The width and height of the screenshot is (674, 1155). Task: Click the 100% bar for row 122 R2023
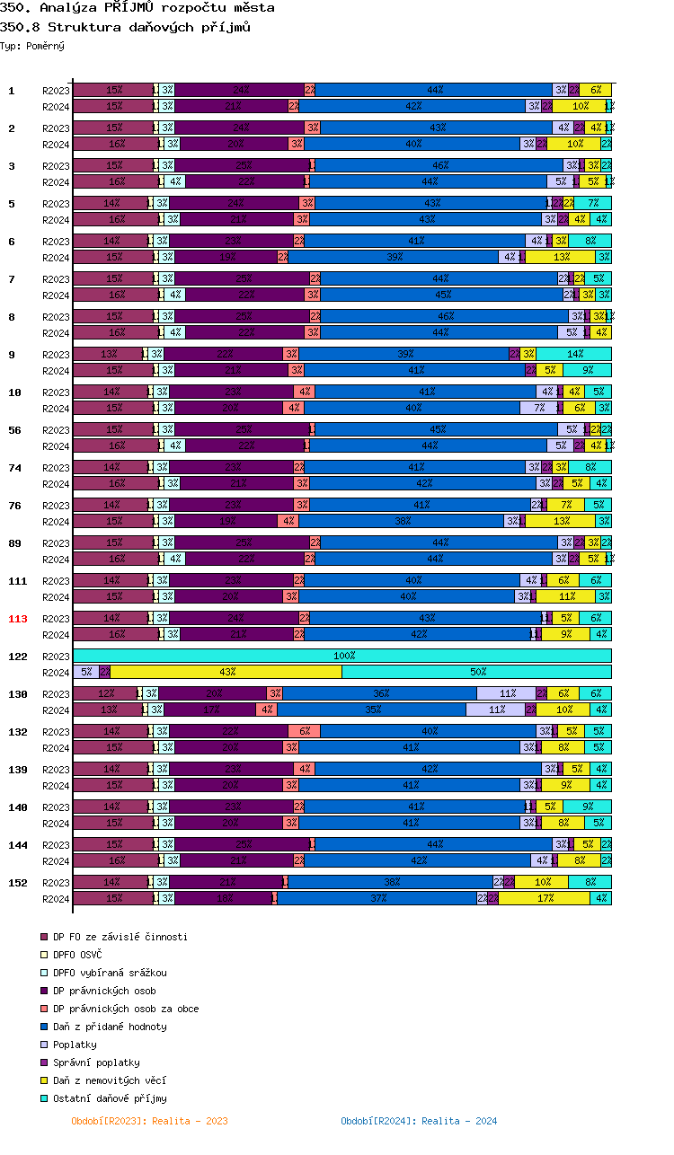click(342, 656)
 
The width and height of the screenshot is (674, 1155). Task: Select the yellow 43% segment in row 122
click(226, 672)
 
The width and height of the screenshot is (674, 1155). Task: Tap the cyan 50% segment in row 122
click(477, 672)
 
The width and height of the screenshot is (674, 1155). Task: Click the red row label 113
click(18, 619)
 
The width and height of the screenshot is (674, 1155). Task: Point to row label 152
click(18, 883)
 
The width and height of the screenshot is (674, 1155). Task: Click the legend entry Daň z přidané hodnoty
click(110, 1027)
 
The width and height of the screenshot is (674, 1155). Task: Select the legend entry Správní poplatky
click(96, 1062)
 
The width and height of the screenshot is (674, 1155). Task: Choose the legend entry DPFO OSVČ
click(77, 955)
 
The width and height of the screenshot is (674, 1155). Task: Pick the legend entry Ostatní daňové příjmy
click(110, 1098)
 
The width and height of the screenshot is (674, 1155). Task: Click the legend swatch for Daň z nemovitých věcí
click(44, 1080)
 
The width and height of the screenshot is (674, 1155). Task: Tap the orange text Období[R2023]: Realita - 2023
click(149, 1121)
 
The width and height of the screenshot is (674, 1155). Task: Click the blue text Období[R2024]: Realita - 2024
click(419, 1121)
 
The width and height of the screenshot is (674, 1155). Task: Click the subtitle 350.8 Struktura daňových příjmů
click(125, 27)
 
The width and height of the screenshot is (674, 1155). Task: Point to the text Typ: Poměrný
click(32, 46)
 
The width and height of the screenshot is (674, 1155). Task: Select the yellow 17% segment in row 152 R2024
click(545, 898)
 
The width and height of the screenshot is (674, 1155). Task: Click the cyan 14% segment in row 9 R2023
click(574, 354)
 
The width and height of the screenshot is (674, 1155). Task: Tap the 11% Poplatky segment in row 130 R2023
click(506, 693)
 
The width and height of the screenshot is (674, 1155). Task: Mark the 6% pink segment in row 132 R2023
click(304, 731)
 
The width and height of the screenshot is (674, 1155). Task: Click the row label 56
click(15, 430)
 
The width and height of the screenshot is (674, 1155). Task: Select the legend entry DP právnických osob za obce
click(126, 1009)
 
